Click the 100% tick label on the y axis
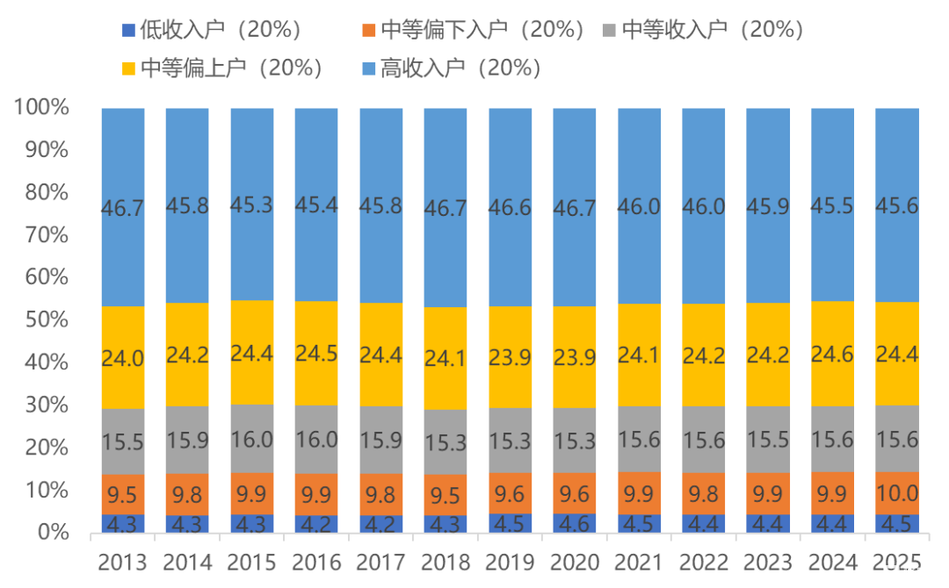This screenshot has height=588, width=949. (41, 108)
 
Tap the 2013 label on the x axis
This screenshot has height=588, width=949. (123, 561)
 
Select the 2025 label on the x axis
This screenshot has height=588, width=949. (896, 561)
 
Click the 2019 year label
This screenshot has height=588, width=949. (510, 561)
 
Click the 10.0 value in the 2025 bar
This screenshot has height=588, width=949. (896, 493)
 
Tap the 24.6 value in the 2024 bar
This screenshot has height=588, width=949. (832, 355)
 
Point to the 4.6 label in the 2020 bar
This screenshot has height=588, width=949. (574, 524)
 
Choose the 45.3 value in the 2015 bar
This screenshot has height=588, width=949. (252, 205)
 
